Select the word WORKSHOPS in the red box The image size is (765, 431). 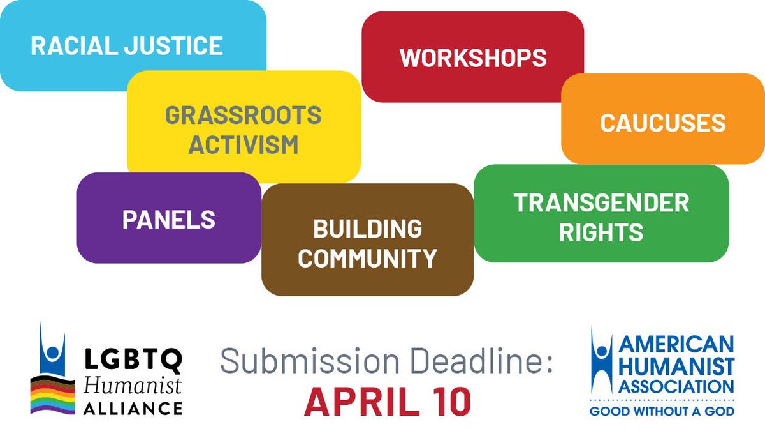point(473,57)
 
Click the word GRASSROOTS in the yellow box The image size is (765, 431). point(243,116)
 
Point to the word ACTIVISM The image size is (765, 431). point(243,145)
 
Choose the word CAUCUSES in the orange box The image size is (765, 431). point(662,123)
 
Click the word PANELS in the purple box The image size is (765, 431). point(168,220)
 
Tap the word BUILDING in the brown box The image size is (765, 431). point(367,228)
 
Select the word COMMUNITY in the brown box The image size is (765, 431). point(367,259)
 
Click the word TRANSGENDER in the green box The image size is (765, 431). point(601,203)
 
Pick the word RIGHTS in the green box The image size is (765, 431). point(601,233)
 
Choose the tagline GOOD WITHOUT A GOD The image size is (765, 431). point(662,411)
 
